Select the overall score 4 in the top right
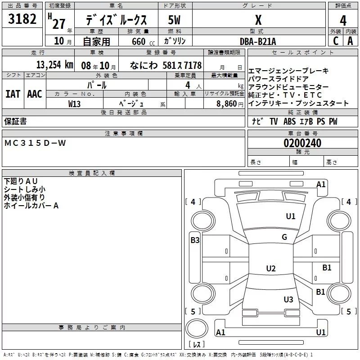[x=343, y=20]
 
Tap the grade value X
[x=258, y=20]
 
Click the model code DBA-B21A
[x=258, y=41]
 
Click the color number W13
[x=75, y=104]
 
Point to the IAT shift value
[x=13, y=94]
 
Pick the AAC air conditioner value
[x=34, y=94]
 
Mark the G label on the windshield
[x=284, y=237]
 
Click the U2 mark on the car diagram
[x=270, y=269]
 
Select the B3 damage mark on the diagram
[x=195, y=240]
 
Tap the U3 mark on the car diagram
[x=288, y=300]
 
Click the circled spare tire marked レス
[x=197, y=333]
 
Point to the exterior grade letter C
[x=335, y=41]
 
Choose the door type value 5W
[x=175, y=20]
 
